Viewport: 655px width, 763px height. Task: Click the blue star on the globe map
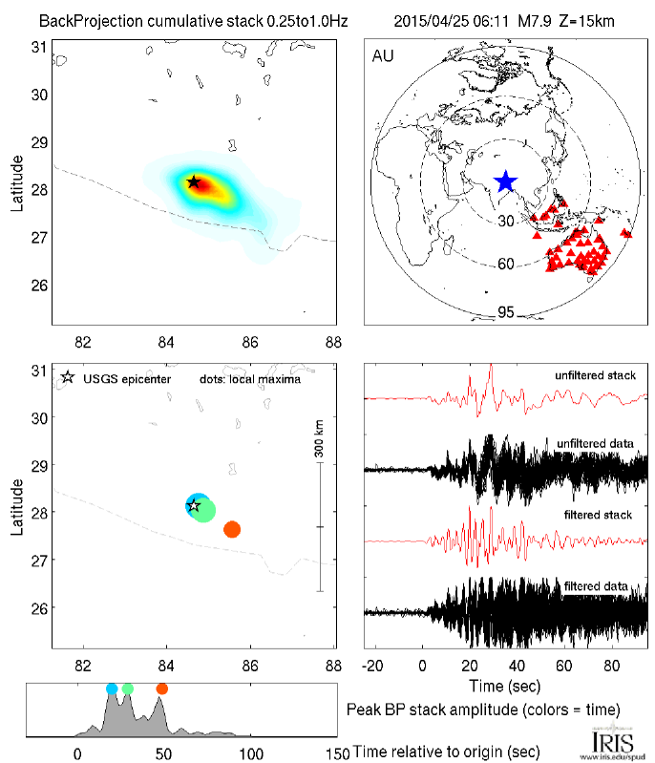505,181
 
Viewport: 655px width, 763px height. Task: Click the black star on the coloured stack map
194,181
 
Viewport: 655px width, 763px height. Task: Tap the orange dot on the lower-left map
231,529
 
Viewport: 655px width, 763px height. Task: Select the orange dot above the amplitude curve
161,689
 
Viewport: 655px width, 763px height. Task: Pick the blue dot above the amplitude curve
112,689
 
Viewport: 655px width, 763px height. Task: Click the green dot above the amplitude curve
128,689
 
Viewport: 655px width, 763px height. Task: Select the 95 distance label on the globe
506,312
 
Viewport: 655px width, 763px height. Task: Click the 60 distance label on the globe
506,264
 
